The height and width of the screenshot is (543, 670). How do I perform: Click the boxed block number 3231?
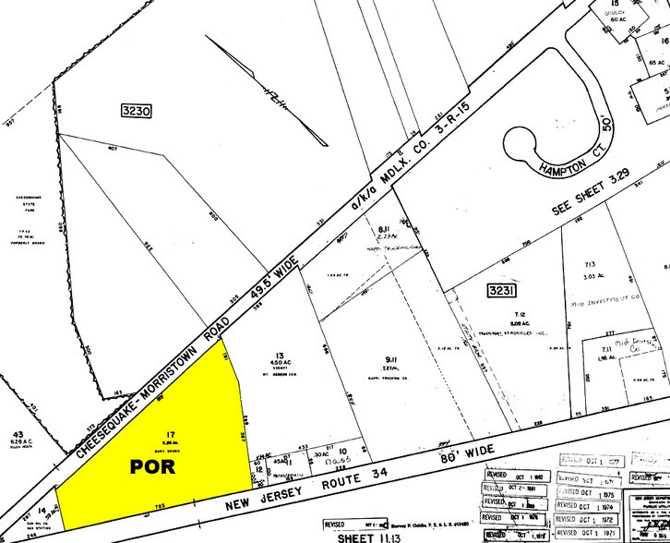click(498, 292)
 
